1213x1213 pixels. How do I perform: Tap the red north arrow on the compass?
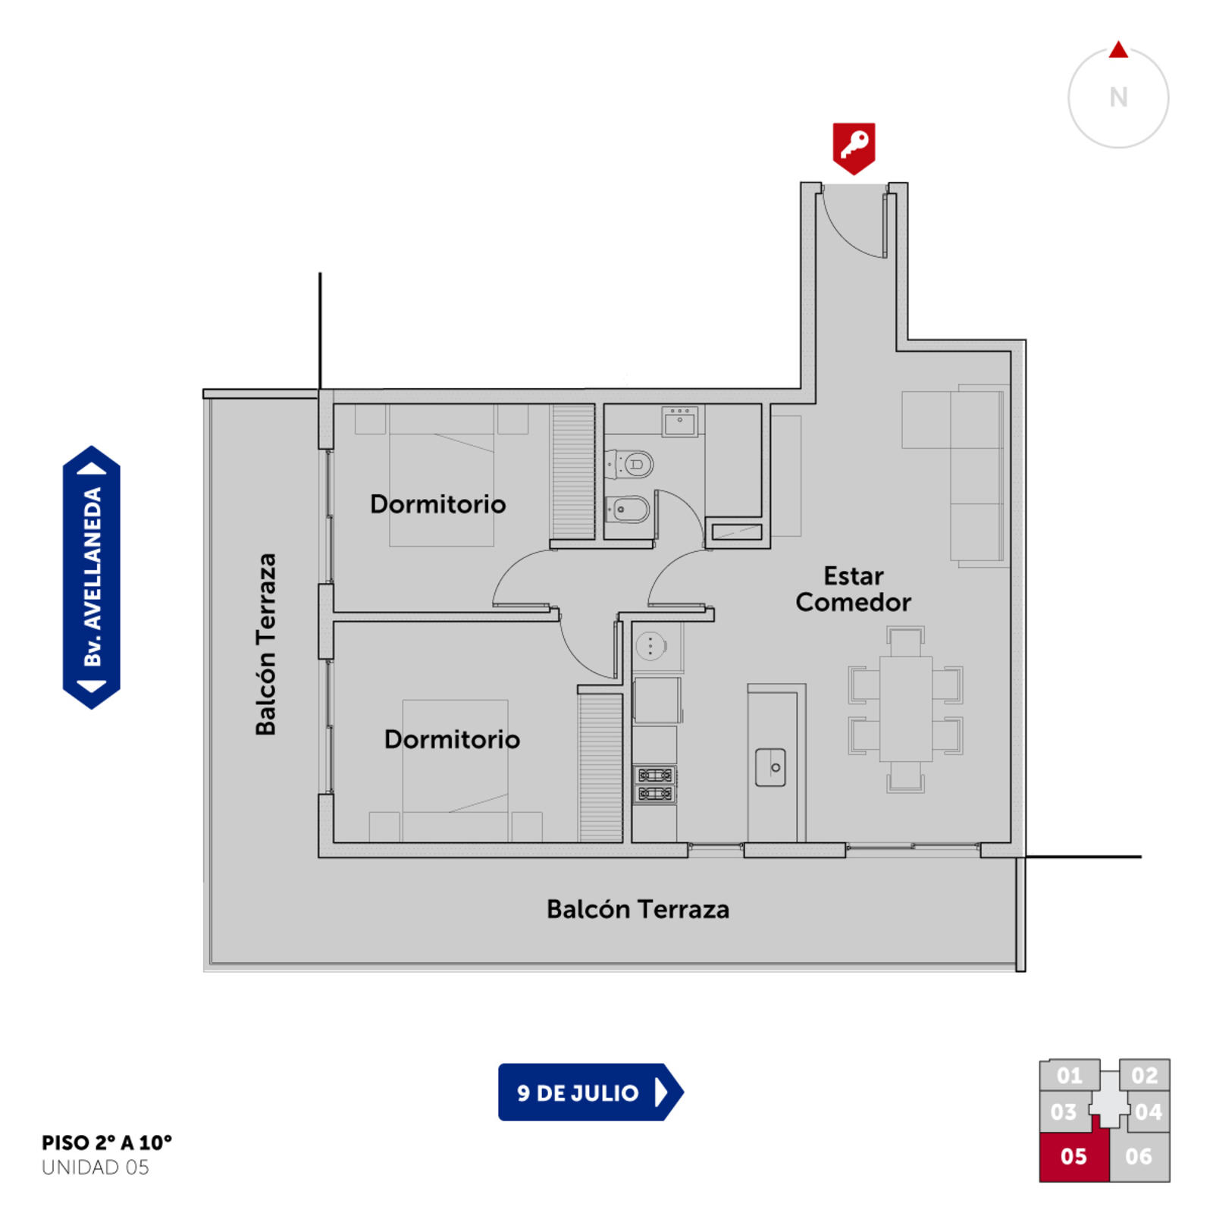click(1118, 50)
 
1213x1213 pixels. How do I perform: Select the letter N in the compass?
click(1118, 98)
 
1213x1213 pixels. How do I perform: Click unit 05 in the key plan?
click(1074, 1156)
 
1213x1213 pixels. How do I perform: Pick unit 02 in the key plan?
click(1144, 1075)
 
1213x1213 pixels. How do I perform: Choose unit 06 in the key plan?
click(1139, 1156)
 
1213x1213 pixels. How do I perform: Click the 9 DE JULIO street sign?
click(591, 1092)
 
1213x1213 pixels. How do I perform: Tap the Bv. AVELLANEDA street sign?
click(92, 578)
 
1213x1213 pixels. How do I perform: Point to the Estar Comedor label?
click(853, 589)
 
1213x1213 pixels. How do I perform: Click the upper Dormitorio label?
click(437, 504)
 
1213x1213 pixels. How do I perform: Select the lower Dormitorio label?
click(452, 739)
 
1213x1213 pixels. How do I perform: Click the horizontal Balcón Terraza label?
click(638, 909)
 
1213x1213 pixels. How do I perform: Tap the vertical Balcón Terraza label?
click(265, 644)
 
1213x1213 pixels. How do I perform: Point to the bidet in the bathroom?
click(628, 509)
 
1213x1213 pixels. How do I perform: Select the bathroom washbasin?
click(680, 422)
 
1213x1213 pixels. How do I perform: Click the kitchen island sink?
click(770, 767)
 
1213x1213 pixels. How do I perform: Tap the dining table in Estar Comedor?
click(906, 709)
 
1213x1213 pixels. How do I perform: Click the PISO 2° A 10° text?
click(107, 1142)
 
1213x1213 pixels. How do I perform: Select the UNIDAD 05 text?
click(96, 1168)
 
